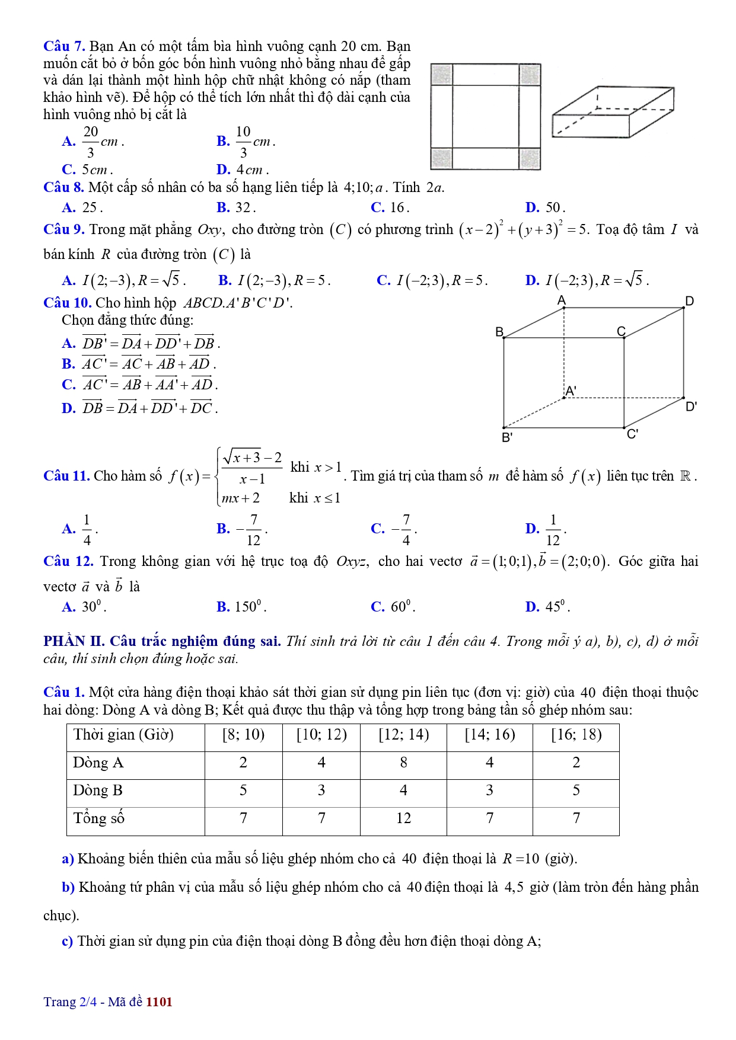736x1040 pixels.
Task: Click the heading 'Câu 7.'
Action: pyautogui.click(x=64, y=46)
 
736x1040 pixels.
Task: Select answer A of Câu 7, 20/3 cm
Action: pyautogui.click(x=93, y=142)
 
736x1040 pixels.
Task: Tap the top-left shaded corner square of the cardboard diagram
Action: pyautogui.click(x=441, y=75)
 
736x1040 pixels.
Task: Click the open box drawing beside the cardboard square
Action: pyautogui.click(x=612, y=112)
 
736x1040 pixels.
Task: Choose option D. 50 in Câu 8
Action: pyautogui.click(x=545, y=207)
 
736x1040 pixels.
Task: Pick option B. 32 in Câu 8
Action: pyautogui.click(x=236, y=207)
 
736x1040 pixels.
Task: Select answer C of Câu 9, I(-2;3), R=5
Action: pyautogui.click(x=432, y=280)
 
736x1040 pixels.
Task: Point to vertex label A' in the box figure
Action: pyautogui.click(x=571, y=391)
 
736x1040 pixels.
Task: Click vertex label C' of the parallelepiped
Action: pyautogui.click(x=633, y=434)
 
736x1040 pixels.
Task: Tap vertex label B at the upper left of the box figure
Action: pyautogui.click(x=499, y=331)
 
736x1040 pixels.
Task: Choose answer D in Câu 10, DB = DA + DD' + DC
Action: pyautogui.click(x=139, y=408)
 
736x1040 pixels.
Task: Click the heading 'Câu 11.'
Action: pyautogui.click(x=66, y=476)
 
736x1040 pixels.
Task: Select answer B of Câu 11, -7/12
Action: pyautogui.click(x=244, y=529)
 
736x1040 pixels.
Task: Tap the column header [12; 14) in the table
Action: pyautogui.click(x=403, y=735)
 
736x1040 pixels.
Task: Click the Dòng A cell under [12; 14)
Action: pyautogui.click(x=403, y=763)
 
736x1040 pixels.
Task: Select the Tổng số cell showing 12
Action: pyautogui.click(x=403, y=818)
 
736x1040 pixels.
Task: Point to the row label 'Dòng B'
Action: pyautogui.click(x=98, y=791)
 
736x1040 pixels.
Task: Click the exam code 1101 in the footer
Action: pyautogui.click(x=159, y=1002)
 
